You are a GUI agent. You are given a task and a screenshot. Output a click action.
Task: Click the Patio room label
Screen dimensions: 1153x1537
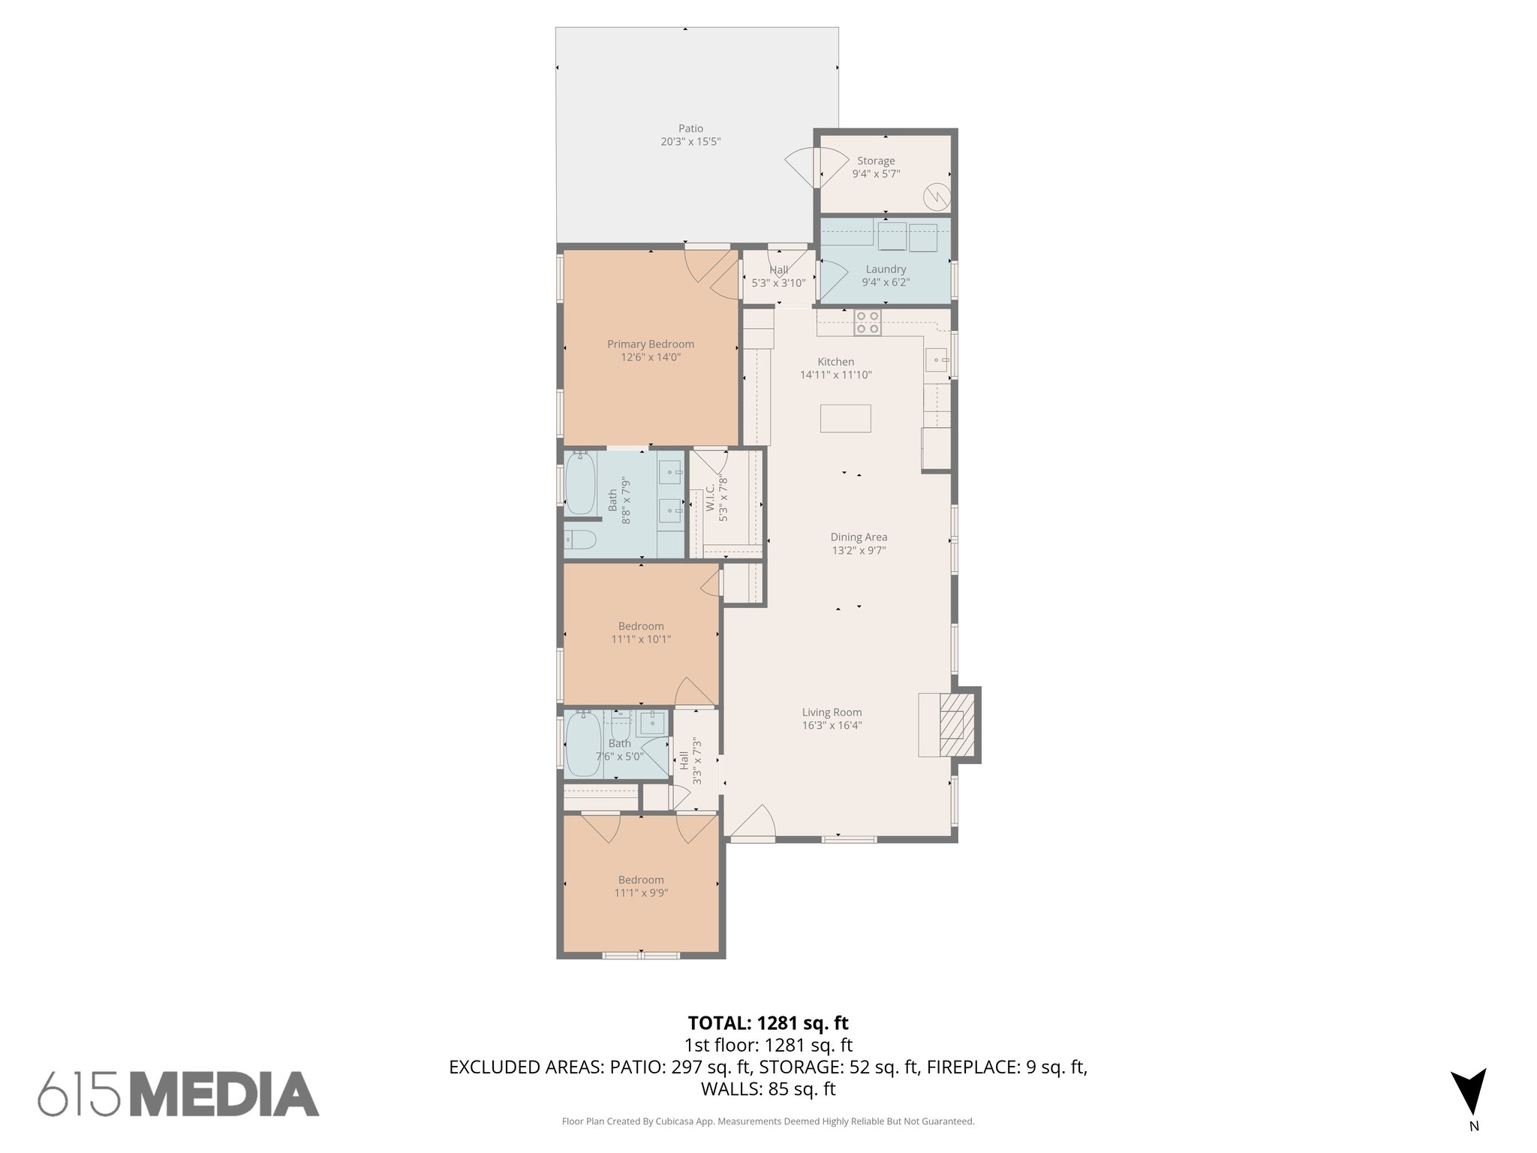click(x=690, y=129)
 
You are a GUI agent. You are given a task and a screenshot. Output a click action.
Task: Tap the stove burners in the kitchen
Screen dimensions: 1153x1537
click(x=868, y=322)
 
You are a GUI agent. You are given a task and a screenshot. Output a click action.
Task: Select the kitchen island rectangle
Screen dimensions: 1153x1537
click(x=845, y=418)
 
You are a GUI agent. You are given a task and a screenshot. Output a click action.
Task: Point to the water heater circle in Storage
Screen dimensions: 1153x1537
click(x=936, y=197)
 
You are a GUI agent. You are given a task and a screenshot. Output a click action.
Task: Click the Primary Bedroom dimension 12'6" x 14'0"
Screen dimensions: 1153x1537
click(x=651, y=358)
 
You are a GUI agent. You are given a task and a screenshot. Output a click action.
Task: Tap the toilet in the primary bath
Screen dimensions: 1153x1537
click(x=580, y=540)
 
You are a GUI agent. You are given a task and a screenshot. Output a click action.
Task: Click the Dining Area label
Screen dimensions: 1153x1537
click(x=859, y=537)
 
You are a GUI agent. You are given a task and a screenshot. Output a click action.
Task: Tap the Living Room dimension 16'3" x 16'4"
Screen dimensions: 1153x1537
click(x=832, y=726)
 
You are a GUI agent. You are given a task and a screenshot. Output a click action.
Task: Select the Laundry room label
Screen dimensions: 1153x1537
click(x=886, y=269)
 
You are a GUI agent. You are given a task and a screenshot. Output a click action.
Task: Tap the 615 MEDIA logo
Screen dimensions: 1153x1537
click(x=179, y=1093)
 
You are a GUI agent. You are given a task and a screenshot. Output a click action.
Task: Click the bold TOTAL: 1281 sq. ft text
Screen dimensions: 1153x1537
click(x=768, y=1022)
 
